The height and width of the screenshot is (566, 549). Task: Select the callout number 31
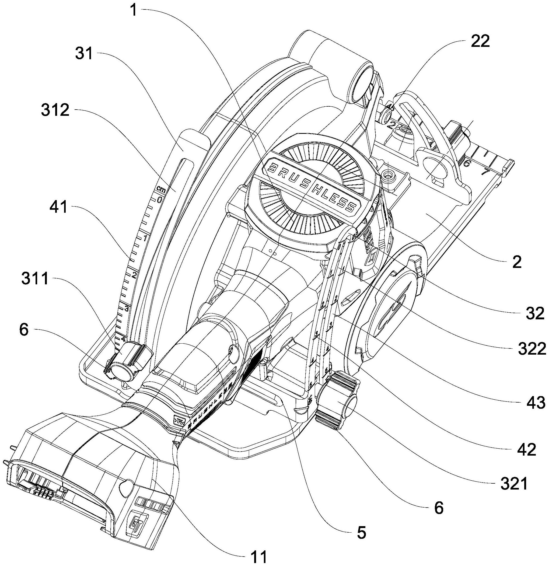click(x=84, y=54)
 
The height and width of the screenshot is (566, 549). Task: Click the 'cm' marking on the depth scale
click(x=161, y=190)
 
